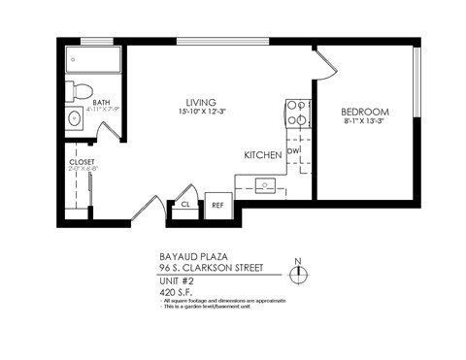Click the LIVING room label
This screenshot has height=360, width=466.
coord(201,102)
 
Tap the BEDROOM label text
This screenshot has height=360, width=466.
coord(365,111)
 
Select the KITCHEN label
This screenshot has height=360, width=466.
coord(263,154)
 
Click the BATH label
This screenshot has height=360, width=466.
coord(101,102)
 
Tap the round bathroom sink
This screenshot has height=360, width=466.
coord(76,120)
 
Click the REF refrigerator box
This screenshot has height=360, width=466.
coord(217,205)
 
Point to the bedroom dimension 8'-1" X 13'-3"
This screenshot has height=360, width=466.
coord(365,121)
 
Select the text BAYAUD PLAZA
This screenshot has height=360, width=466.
coord(191,258)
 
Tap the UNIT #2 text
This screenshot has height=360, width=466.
coord(177,279)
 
